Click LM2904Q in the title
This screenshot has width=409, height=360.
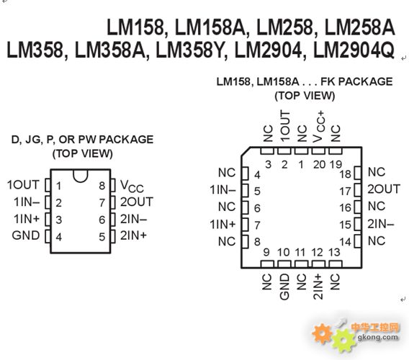point(354,50)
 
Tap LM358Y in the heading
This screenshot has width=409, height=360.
point(190,50)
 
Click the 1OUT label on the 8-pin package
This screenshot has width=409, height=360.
point(23,185)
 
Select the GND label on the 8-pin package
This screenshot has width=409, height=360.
point(26,235)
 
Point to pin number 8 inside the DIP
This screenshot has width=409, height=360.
point(102,186)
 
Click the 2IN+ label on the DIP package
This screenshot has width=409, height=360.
point(133,235)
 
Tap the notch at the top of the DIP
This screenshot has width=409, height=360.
point(81,176)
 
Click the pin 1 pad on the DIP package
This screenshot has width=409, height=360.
point(48,185)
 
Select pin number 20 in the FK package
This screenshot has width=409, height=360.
point(319,165)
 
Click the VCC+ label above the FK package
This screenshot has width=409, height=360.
point(319,127)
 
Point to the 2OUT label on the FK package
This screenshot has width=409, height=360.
point(384,189)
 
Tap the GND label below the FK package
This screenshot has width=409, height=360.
point(284,287)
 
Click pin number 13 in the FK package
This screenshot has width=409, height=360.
point(334,252)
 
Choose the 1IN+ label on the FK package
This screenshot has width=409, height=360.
point(223,225)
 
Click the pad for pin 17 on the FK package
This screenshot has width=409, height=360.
point(358,190)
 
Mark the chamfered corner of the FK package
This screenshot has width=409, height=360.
point(246,152)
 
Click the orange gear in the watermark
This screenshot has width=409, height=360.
point(322,333)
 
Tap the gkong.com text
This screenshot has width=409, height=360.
point(378,337)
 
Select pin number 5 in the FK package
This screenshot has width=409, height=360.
point(257,192)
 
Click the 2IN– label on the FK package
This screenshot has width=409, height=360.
point(381,224)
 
